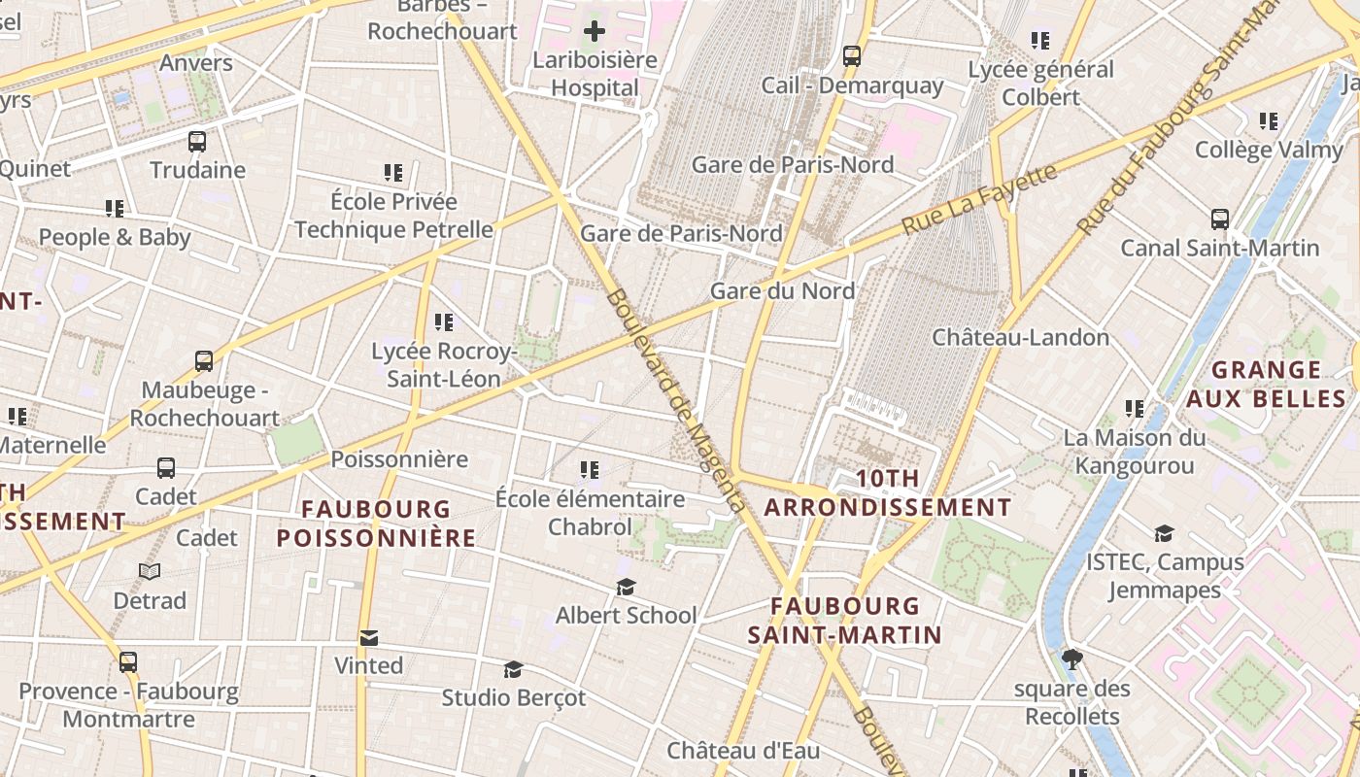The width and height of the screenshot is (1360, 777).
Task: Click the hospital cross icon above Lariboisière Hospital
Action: click(x=594, y=31)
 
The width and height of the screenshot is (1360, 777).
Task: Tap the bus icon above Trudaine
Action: click(x=197, y=142)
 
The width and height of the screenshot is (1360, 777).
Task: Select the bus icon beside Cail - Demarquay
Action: click(x=852, y=56)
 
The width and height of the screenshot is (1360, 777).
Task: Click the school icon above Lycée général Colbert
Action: click(x=1040, y=41)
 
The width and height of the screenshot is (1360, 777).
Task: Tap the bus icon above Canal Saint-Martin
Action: click(x=1220, y=220)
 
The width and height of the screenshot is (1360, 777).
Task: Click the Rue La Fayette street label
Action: click(x=978, y=199)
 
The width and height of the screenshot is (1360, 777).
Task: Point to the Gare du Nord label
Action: click(x=782, y=290)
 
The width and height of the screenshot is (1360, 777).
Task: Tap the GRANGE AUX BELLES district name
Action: click(x=1267, y=384)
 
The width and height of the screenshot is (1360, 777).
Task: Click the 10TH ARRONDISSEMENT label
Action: click(x=888, y=493)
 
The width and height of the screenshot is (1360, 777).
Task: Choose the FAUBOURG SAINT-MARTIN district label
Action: click(x=844, y=621)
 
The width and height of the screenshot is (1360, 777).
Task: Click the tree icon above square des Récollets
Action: click(x=1072, y=660)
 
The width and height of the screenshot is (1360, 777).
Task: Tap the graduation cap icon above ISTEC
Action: click(x=1164, y=533)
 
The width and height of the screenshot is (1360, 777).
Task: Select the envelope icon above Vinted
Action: click(x=368, y=638)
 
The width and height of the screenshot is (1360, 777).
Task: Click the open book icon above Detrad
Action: click(x=150, y=572)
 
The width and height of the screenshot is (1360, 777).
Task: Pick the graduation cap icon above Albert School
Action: click(x=626, y=588)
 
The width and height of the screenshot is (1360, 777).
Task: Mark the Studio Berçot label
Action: click(x=514, y=697)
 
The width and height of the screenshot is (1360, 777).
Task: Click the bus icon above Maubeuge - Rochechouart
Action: click(x=204, y=361)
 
